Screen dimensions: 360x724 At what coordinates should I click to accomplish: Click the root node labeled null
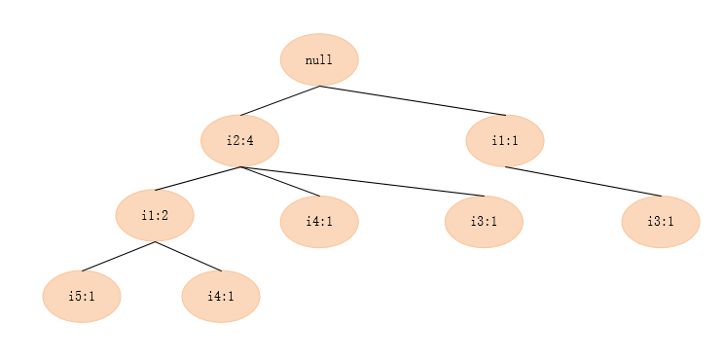click(x=319, y=59)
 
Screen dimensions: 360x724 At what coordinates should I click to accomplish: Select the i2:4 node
click(x=239, y=140)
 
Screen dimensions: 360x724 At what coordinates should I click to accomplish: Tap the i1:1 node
click(x=504, y=140)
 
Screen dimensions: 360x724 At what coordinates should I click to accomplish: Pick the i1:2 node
click(x=155, y=215)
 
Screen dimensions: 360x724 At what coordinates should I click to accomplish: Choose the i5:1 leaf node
click(x=82, y=296)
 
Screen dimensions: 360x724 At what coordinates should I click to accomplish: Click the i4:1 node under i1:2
click(x=221, y=296)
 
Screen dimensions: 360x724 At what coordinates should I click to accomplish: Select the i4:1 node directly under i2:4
click(x=319, y=222)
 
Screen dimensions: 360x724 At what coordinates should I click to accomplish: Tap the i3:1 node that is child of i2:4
click(x=484, y=222)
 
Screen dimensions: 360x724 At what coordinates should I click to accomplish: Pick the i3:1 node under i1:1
click(x=661, y=222)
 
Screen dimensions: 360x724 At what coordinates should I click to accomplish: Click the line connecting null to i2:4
click(x=280, y=101)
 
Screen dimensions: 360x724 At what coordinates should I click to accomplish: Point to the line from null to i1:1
click(x=413, y=100)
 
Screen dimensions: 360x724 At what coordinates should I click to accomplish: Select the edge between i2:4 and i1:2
click(x=198, y=179)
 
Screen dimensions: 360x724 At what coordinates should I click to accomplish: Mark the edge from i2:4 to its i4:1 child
click(x=279, y=181)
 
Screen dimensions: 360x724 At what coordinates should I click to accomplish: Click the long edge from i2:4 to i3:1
click(x=362, y=182)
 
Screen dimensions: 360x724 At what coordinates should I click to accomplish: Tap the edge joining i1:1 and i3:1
click(x=583, y=182)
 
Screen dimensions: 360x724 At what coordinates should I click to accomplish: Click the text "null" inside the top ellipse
click(x=319, y=60)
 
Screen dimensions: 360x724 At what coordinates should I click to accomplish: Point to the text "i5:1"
click(x=82, y=296)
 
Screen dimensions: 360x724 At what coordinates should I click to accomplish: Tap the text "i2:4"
click(x=239, y=141)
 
